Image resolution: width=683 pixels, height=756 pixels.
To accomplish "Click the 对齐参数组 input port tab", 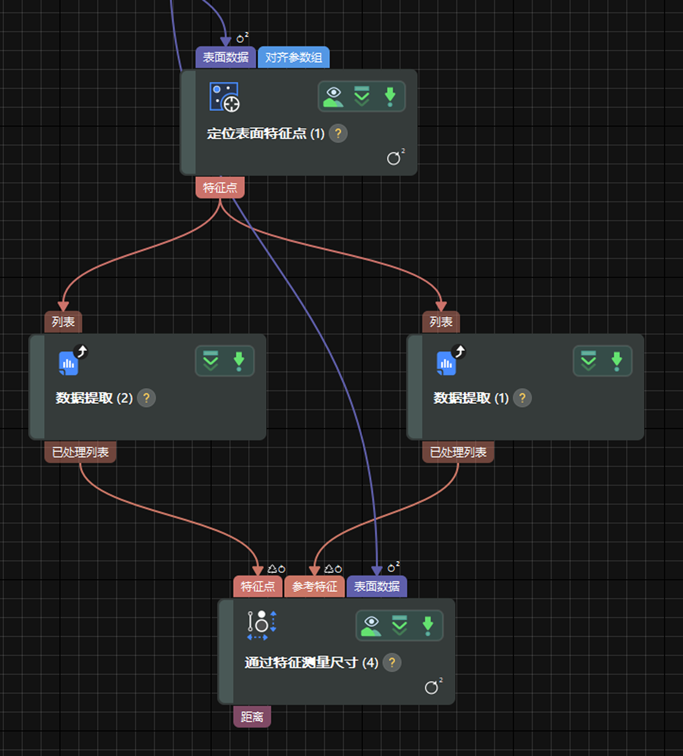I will coord(293,58).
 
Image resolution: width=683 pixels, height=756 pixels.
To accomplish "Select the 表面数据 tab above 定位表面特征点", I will coord(225,58).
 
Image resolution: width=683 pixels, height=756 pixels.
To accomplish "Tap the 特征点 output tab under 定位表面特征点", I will coord(220,188).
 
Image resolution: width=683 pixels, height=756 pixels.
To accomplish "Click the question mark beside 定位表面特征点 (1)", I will coord(338,134).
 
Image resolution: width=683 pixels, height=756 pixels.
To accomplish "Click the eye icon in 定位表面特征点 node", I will coord(333,96).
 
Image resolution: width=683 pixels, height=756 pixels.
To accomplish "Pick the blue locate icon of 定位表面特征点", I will coord(224,97).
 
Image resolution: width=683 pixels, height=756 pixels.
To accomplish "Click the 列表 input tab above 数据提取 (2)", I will coord(63,322).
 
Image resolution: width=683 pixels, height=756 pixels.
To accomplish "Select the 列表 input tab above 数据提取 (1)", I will coord(441,322).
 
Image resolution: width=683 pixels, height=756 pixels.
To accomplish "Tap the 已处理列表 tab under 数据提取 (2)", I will coord(80,453).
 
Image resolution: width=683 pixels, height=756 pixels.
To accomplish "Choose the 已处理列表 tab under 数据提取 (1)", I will coord(458,453).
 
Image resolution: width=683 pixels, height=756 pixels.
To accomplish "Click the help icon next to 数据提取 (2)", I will coord(146,398).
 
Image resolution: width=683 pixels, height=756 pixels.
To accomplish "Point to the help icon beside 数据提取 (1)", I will coord(522,398).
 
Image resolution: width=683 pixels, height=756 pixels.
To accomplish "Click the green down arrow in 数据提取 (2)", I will coord(239,361).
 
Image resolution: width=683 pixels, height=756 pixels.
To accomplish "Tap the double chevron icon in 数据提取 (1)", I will coord(589,361).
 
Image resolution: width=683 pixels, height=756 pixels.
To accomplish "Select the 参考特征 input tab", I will coord(315,587).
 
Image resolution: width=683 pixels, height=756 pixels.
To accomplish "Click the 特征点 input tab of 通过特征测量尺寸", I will coord(257,587).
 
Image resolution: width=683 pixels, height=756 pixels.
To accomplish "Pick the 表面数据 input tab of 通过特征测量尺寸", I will coord(376,587).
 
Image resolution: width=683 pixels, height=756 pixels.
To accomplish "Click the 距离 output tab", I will coord(252,717).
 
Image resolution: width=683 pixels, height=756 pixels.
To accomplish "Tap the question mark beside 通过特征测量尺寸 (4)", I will coord(392,663).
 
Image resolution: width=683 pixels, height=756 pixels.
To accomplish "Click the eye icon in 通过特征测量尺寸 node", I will coord(371,626).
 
